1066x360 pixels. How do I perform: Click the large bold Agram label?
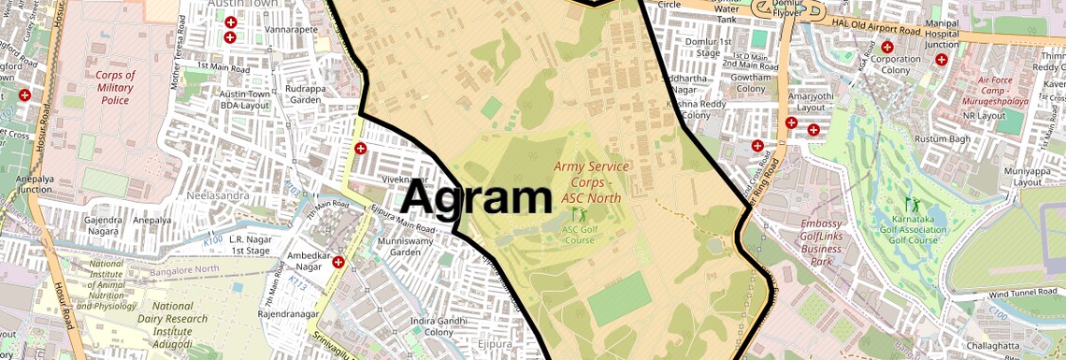476,199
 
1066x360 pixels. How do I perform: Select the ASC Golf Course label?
579,234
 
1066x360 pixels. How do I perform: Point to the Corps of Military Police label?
115,88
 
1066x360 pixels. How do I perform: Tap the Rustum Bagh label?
944,140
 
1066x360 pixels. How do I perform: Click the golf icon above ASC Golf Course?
577,213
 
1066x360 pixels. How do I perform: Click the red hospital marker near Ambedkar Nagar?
338,262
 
